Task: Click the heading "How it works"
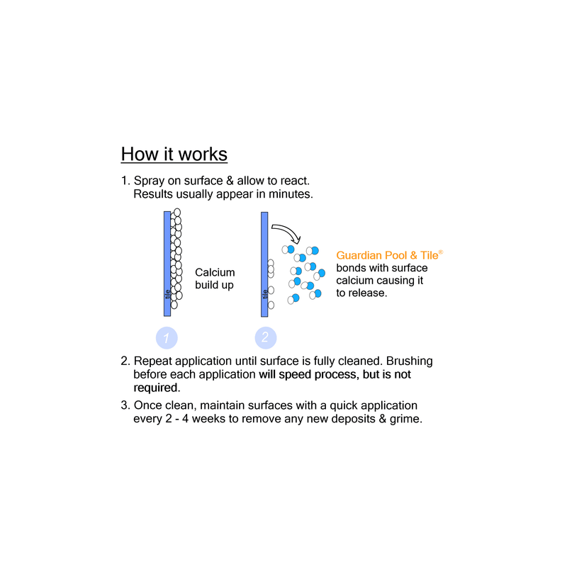[174, 154]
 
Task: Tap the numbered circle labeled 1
[167, 338]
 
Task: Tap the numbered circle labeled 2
[266, 338]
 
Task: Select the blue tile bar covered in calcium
[167, 264]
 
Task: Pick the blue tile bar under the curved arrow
[264, 264]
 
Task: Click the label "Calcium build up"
[215, 279]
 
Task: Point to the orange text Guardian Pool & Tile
[387, 255]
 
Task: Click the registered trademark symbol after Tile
[441, 252]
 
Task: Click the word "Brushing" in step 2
[410, 361]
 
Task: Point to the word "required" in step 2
[157, 388]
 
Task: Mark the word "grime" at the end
[405, 419]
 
